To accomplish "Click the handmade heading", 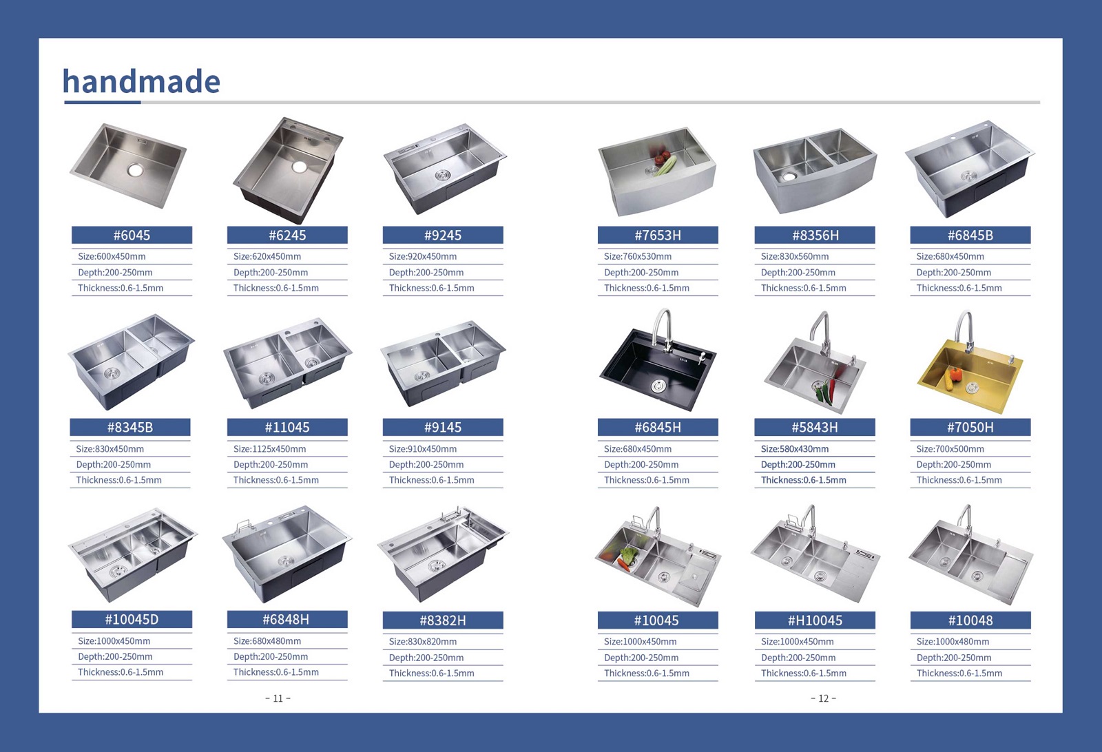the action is [x=141, y=81].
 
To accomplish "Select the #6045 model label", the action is [x=132, y=235].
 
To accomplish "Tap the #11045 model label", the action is [x=287, y=428].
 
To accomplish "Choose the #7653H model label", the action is [x=658, y=235].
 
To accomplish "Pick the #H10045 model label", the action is [x=815, y=620].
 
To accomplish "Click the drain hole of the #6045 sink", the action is [x=135, y=170].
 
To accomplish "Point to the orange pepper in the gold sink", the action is [x=955, y=374].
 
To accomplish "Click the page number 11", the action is [x=278, y=698].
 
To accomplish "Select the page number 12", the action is [x=824, y=698].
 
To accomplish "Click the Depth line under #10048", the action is [x=954, y=658].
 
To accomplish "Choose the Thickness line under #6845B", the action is [x=959, y=289].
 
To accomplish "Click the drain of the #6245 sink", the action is [x=299, y=167].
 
